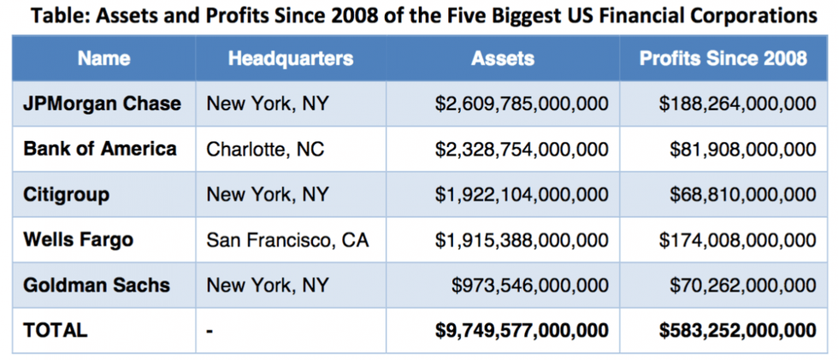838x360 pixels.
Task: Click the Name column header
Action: (103, 58)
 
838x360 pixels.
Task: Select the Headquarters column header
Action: (290, 58)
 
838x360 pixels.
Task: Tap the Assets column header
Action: (503, 58)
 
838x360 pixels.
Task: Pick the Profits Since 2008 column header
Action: (723, 58)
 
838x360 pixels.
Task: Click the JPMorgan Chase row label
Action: (103, 103)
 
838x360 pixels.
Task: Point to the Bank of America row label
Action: (100, 149)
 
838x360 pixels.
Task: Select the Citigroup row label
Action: (67, 194)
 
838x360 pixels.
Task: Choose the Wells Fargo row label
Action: (79, 239)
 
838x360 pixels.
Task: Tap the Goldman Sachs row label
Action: (97, 285)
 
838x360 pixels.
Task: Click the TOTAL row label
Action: (56, 330)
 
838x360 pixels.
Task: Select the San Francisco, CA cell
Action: (287, 240)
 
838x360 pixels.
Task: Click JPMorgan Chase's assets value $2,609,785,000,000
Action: (522, 104)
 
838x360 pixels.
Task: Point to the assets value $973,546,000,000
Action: (530, 286)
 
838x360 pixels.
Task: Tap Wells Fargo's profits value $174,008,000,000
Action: (737, 240)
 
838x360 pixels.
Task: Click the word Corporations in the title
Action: (754, 15)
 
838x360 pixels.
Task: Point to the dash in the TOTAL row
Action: (209, 330)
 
